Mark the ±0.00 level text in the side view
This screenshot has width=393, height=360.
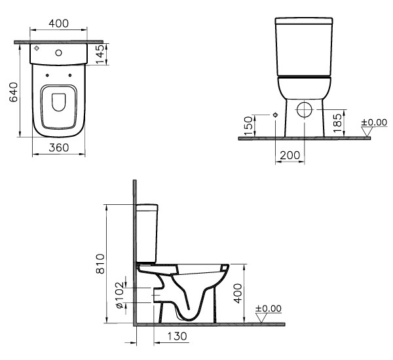[267, 308]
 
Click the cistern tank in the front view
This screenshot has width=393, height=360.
[305, 46]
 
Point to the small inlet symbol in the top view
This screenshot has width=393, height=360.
[39, 49]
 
